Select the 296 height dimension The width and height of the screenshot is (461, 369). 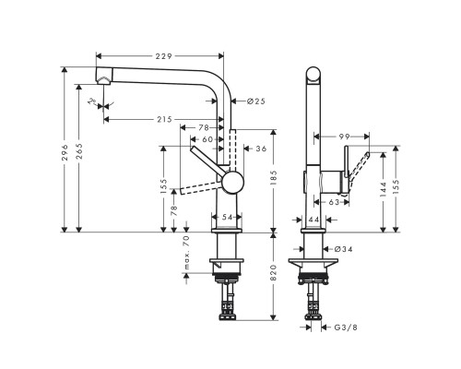pos(65,152)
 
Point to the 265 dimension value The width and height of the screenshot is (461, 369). pos(80,152)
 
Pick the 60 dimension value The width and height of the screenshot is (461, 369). pos(207,139)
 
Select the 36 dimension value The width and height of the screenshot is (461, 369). pos(261,148)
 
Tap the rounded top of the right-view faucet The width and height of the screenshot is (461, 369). pos(313,74)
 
